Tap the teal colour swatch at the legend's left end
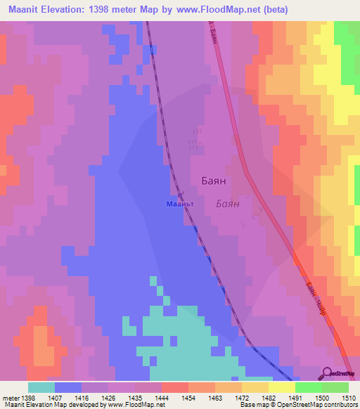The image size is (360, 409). pos(41,387)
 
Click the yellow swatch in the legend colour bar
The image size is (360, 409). pos(281,387)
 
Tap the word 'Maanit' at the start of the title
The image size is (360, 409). pos(24,10)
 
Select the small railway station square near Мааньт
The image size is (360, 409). pos(181,196)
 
